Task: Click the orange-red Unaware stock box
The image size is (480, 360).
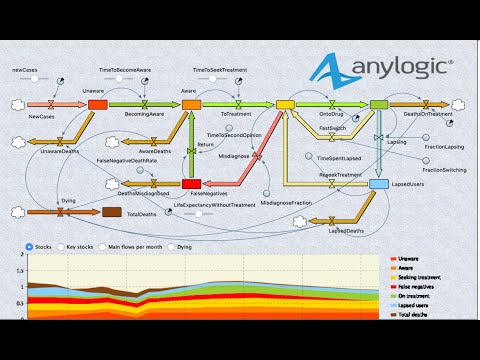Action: click(97, 104)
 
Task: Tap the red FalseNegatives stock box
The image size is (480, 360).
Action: click(192, 183)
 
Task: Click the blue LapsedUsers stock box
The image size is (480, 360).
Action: click(379, 184)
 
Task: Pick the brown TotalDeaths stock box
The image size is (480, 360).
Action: click(113, 212)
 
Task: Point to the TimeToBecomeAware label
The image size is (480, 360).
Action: click(126, 71)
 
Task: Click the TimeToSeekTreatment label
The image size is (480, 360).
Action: click(220, 71)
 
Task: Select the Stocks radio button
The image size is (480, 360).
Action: click(29, 245)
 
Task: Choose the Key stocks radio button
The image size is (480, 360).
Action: click(61, 245)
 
